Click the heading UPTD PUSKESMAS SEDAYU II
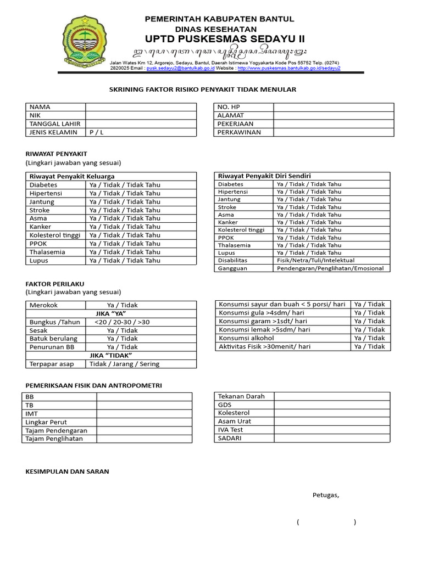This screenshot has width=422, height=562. pos(224,39)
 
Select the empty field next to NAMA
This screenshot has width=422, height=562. pos(141,107)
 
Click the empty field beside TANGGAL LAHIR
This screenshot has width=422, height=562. pos(141,124)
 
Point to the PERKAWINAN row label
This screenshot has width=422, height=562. pos(239,133)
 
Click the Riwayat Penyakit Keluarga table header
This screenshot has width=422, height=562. pos(72,176)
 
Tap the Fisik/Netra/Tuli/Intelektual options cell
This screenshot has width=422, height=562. pos(315,260)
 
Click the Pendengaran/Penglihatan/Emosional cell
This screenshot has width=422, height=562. pos(332,268)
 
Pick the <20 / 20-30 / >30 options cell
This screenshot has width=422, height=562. pos(122,322)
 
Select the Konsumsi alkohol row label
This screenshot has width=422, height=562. pos(246,338)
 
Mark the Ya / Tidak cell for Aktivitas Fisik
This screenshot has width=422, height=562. pos(370,346)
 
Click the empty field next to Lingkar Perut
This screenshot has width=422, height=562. pos(144,422)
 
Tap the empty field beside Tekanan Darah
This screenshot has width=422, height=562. pos(332,396)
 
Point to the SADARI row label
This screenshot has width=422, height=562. pos(230,439)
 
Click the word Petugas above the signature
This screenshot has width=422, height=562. pos(326,495)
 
